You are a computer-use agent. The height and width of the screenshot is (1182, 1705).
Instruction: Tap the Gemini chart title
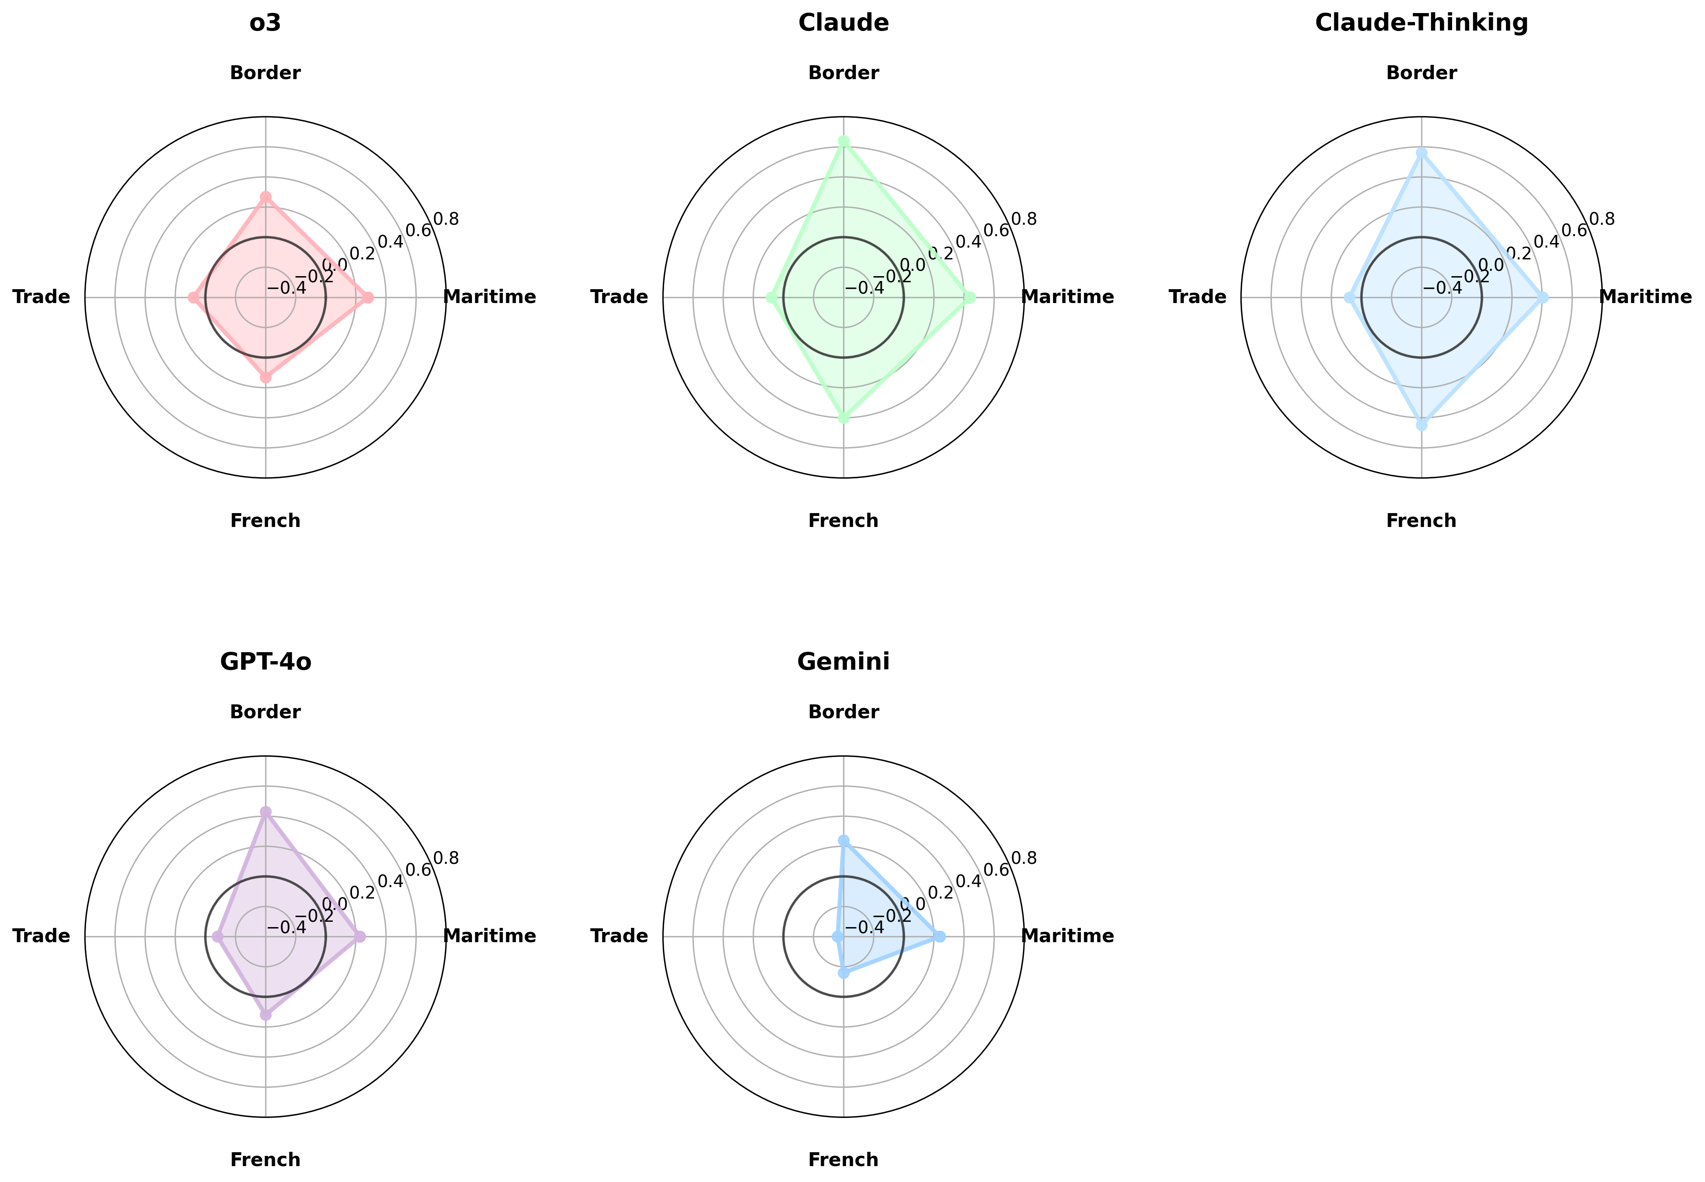[843, 662]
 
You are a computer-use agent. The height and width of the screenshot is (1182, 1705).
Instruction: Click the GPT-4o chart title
[265, 662]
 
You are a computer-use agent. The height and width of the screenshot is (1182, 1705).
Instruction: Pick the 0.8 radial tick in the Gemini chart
[1023, 858]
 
